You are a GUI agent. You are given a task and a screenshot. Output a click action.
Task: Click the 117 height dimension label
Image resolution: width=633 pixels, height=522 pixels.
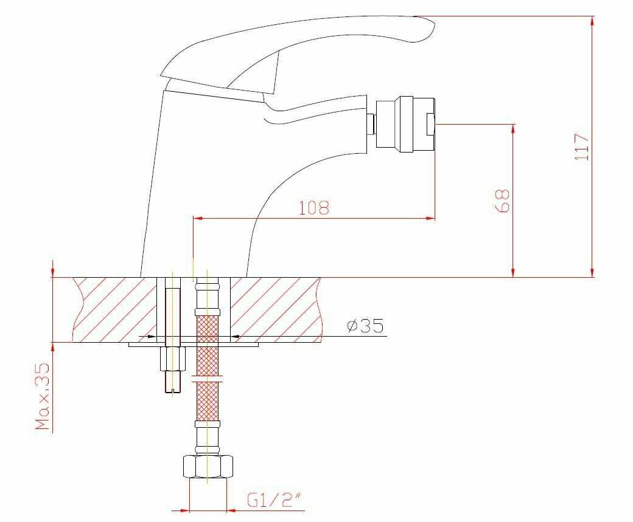pos(582,147)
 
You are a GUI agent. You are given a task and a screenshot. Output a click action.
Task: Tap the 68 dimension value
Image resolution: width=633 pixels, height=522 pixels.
pos(502,201)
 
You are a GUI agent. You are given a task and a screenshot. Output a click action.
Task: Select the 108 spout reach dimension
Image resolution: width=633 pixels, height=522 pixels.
pos(313,207)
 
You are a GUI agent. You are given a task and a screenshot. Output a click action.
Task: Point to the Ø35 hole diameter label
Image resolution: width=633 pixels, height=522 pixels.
pos(365,325)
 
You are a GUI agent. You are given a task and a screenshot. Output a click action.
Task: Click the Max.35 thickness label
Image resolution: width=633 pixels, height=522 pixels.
pos(43,396)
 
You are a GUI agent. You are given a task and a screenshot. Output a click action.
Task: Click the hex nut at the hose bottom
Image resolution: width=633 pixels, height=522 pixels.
pos(208,466)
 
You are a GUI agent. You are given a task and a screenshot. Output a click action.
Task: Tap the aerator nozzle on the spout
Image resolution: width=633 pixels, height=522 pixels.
pos(405,124)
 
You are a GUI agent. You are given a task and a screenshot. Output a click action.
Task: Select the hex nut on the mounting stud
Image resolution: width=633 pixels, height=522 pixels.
pos(173,359)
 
